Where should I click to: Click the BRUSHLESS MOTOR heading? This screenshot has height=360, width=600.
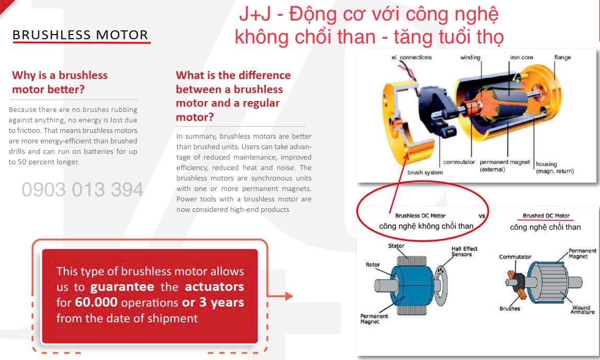[80, 35]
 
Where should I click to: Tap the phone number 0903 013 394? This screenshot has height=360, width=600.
[83, 189]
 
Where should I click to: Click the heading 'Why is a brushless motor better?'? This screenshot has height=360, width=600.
[60, 82]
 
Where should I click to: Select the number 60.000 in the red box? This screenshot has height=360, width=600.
[96, 302]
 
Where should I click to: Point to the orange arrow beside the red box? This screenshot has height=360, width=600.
[280, 296]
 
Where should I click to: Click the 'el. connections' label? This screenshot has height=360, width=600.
[412, 58]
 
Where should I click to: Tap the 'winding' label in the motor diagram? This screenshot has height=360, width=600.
[470, 58]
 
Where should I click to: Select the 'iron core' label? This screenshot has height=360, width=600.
[521, 58]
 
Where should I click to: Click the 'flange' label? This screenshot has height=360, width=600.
[562, 58]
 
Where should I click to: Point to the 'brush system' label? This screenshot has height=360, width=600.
[425, 172]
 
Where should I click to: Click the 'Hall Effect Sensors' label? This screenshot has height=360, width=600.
[464, 251]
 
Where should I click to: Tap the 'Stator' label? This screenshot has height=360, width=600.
[396, 245]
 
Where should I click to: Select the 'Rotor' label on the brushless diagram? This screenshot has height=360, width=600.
[373, 264]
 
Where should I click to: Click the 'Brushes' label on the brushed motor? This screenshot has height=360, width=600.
[510, 308]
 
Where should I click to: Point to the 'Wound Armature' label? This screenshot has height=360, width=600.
[582, 309]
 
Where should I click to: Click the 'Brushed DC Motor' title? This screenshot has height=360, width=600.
[546, 216]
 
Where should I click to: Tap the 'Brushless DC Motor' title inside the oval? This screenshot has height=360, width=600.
[420, 216]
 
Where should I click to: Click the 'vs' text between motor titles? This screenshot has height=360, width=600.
[482, 216]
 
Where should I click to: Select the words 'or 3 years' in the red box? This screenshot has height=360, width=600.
[213, 302]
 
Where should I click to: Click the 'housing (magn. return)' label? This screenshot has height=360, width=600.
[554, 167]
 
